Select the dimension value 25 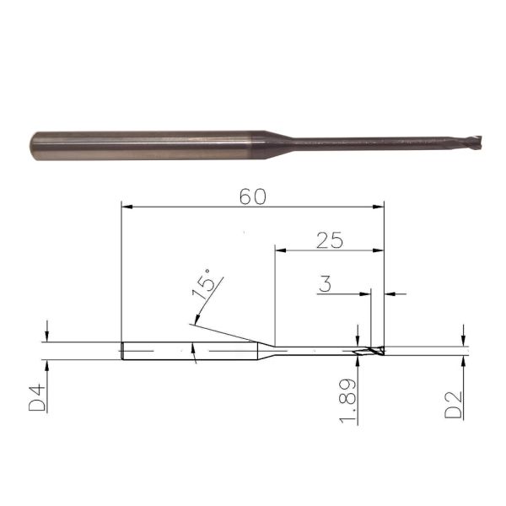330,240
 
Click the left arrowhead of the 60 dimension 126,205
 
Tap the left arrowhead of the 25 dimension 279,250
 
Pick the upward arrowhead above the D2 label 463,360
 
